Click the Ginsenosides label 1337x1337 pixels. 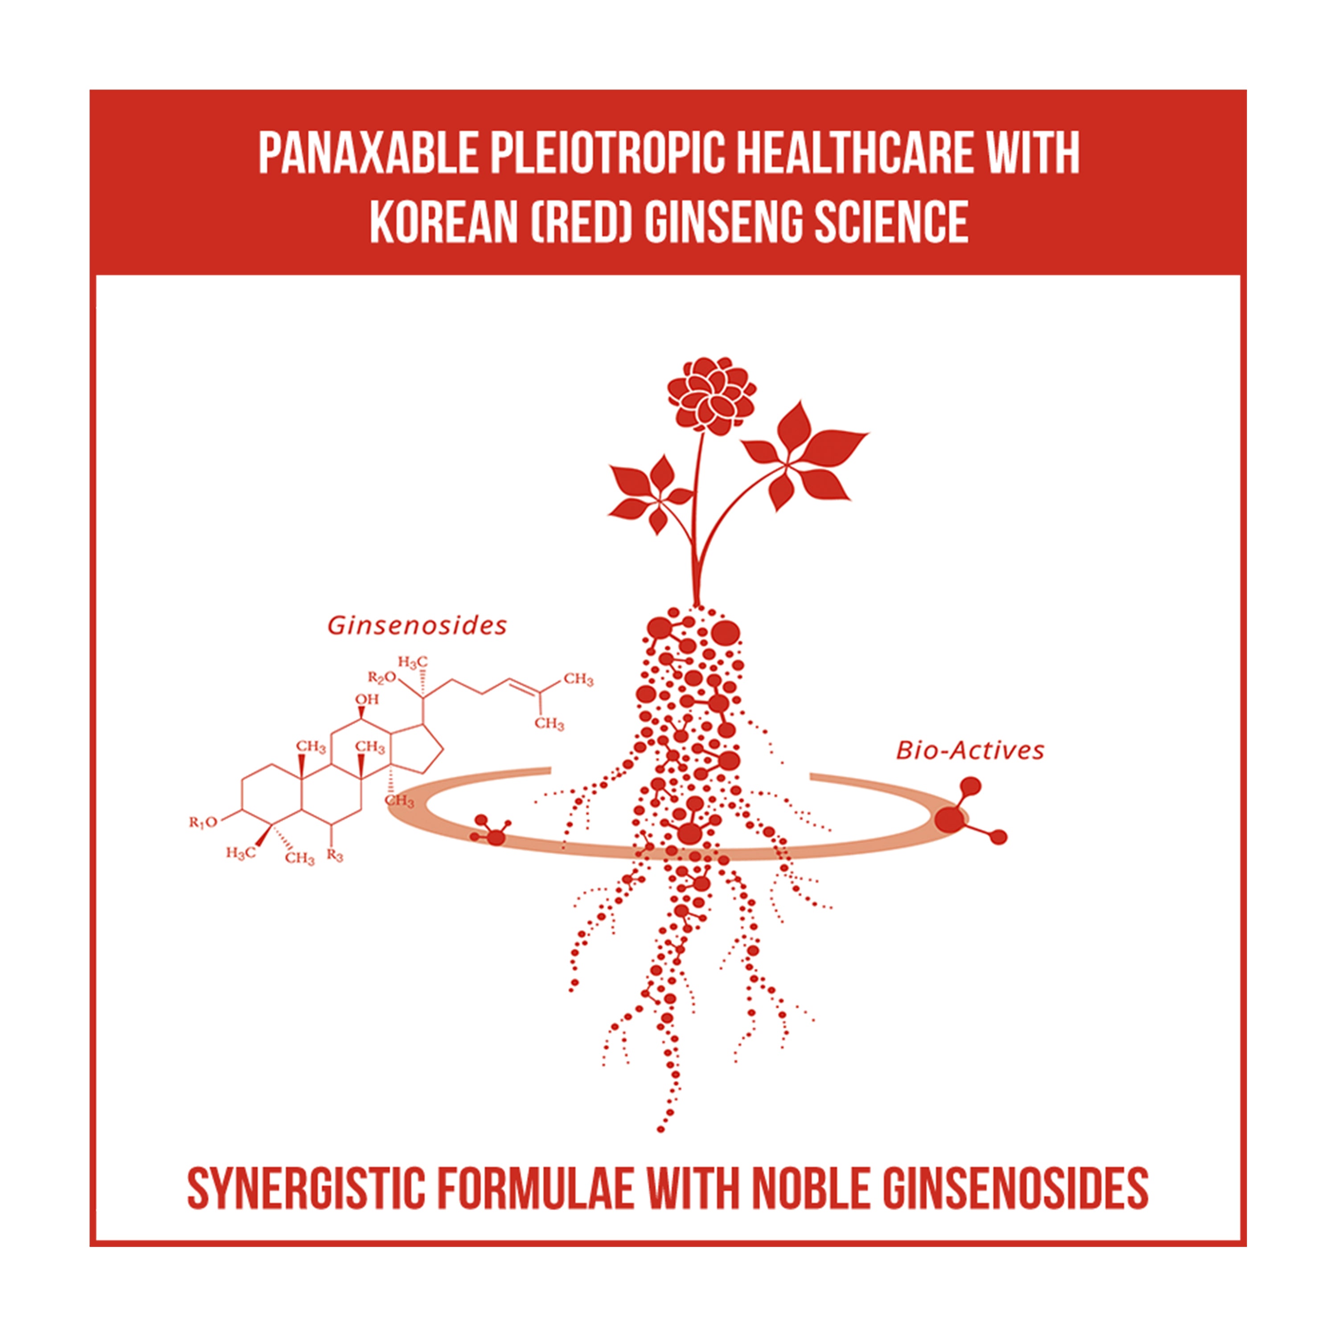coord(417,626)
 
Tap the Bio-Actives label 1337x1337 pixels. coord(969,751)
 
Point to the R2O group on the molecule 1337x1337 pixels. coord(382,677)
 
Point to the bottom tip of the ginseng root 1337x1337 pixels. coord(660,1130)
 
